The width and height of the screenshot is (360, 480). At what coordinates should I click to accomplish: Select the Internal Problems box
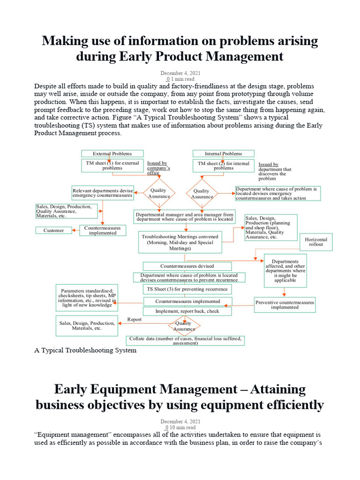click(224, 153)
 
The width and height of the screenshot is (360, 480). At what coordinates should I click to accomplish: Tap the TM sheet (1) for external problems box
click(112, 165)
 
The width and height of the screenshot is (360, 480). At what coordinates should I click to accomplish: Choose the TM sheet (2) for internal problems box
click(224, 165)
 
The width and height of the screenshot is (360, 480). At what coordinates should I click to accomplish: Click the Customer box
click(53, 230)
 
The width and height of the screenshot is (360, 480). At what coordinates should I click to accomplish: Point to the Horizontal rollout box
click(316, 242)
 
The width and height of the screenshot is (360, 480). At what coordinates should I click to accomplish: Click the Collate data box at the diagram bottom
click(185, 340)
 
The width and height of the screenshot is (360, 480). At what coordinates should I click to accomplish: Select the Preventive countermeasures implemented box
click(285, 305)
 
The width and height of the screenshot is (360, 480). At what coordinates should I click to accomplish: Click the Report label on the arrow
click(134, 319)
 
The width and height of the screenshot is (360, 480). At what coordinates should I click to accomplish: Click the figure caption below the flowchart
click(85, 350)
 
